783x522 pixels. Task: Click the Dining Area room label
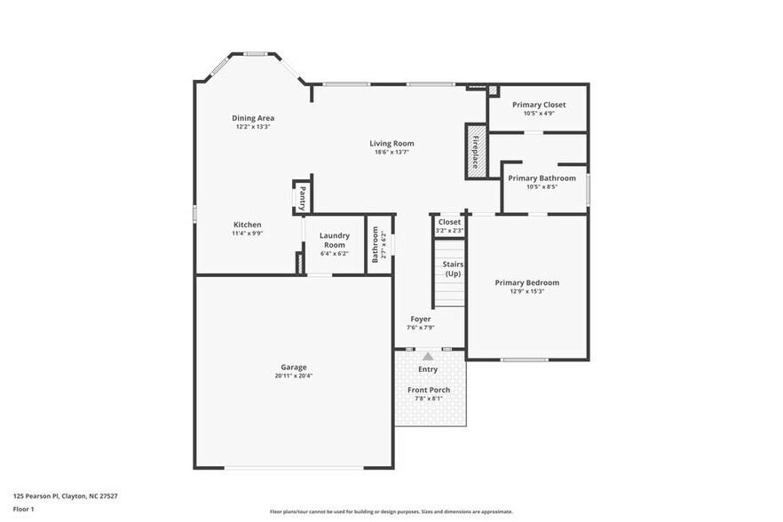tap(253, 118)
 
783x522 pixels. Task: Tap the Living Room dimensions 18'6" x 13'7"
tap(391, 152)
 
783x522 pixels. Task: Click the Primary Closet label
tap(539, 105)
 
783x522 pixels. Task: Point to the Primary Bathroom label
tap(542, 178)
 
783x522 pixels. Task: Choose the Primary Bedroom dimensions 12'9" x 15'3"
tap(526, 291)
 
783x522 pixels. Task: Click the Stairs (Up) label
tap(453, 268)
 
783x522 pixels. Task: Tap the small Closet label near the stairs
tap(449, 222)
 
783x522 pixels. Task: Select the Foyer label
tap(420, 319)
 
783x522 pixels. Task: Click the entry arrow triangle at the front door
tap(428, 356)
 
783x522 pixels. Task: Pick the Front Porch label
tap(428, 390)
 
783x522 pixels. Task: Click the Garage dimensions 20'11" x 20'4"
tap(294, 376)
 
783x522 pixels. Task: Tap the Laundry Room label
tap(334, 240)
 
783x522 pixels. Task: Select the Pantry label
tap(303, 197)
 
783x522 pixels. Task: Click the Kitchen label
tap(247, 225)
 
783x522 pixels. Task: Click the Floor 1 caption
tap(24, 509)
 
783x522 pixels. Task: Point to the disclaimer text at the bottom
tap(391, 511)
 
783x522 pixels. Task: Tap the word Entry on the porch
tap(428, 369)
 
